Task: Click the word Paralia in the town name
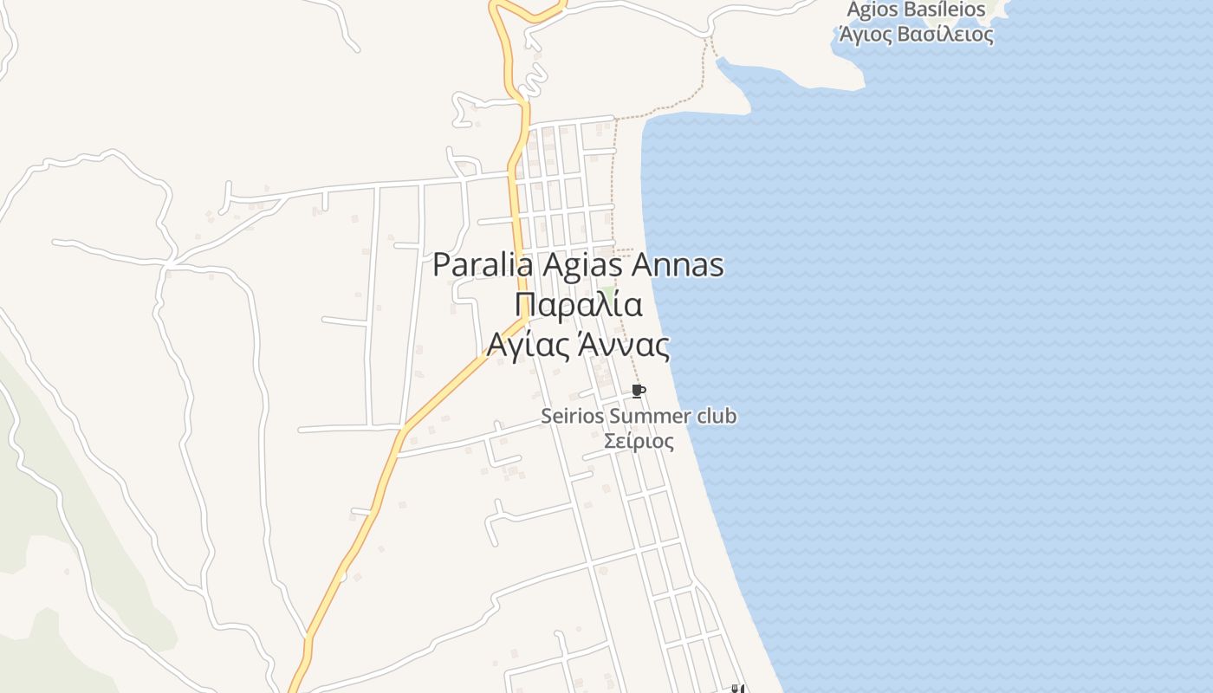(x=483, y=265)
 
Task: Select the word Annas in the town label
(x=678, y=265)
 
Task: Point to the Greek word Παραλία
(x=578, y=306)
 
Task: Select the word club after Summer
(x=717, y=416)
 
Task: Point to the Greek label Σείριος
(x=639, y=441)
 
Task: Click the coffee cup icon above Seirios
(x=639, y=392)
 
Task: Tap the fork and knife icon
(x=738, y=689)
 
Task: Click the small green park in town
(x=607, y=294)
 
